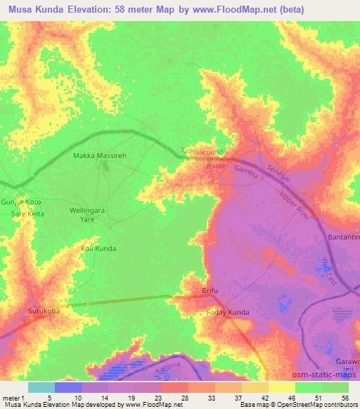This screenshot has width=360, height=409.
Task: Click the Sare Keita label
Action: click(26, 193)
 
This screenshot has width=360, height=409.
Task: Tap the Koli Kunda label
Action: click(98, 249)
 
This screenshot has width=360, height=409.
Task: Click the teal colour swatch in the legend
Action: click(41, 387)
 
